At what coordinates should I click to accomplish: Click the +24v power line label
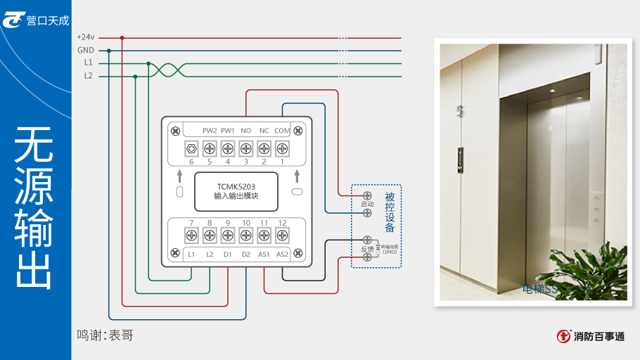tap(85, 37)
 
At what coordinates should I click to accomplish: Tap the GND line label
tap(85, 50)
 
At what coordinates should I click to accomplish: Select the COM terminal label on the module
tap(282, 131)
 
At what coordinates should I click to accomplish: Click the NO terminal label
tap(246, 131)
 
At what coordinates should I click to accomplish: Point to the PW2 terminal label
tap(210, 131)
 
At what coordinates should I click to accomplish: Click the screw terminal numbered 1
tap(282, 149)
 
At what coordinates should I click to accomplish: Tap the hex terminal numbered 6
tap(191, 149)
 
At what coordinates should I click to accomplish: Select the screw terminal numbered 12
tap(282, 236)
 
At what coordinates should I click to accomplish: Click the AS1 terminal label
tap(264, 254)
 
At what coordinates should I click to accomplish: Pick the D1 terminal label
tap(228, 254)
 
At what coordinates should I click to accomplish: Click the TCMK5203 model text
tap(236, 187)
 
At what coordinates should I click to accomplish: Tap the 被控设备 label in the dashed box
tap(390, 212)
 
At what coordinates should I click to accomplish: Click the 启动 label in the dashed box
tap(367, 204)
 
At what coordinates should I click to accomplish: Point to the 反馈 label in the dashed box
tap(367, 249)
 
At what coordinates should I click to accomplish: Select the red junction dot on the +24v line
tap(122, 38)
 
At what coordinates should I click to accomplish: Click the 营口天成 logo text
tap(48, 21)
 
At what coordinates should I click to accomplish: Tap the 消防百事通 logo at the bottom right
tap(590, 336)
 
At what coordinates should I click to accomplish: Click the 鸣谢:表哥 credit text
tap(105, 335)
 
